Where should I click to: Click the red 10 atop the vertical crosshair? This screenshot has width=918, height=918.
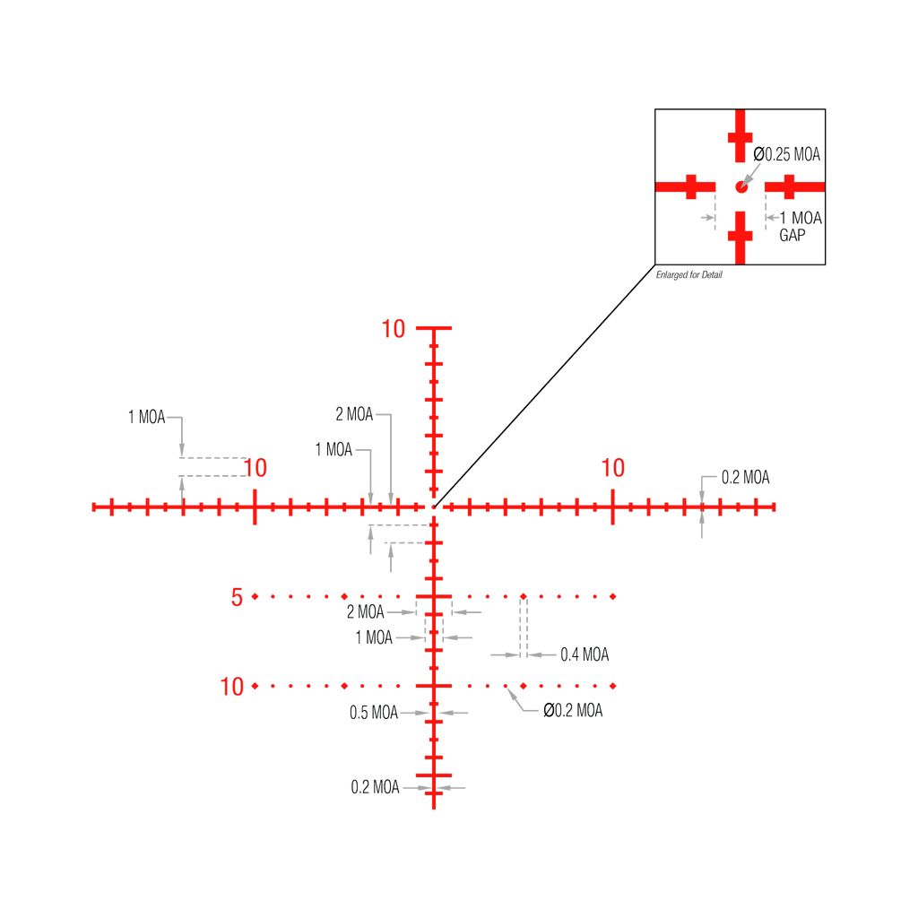(x=394, y=329)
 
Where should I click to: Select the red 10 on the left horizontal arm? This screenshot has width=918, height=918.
(x=255, y=467)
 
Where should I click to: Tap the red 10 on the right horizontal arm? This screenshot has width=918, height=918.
(x=613, y=467)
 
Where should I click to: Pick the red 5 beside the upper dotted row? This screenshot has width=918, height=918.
(x=237, y=596)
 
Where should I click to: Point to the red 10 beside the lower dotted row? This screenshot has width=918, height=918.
(x=232, y=687)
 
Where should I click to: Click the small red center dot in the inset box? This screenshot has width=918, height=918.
(x=740, y=186)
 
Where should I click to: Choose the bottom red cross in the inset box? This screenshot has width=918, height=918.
(x=740, y=235)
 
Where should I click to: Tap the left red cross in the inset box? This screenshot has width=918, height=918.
(x=688, y=186)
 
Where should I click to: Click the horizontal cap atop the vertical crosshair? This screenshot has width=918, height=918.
(x=435, y=329)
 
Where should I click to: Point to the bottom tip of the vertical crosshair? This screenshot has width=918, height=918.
(x=435, y=809)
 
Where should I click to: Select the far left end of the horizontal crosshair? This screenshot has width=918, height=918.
(x=92, y=507)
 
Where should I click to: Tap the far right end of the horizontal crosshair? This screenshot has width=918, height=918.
(x=775, y=507)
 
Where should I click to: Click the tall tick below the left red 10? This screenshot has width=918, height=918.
(x=255, y=507)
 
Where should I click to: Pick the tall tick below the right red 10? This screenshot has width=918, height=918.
(x=613, y=507)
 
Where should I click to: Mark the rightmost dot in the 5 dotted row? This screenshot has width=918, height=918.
(x=613, y=596)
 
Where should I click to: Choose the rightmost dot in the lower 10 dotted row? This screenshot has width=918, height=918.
(x=613, y=686)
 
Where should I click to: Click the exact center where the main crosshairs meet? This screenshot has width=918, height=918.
(x=435, y=507)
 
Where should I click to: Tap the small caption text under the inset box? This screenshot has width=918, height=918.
(x=689, y=275)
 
